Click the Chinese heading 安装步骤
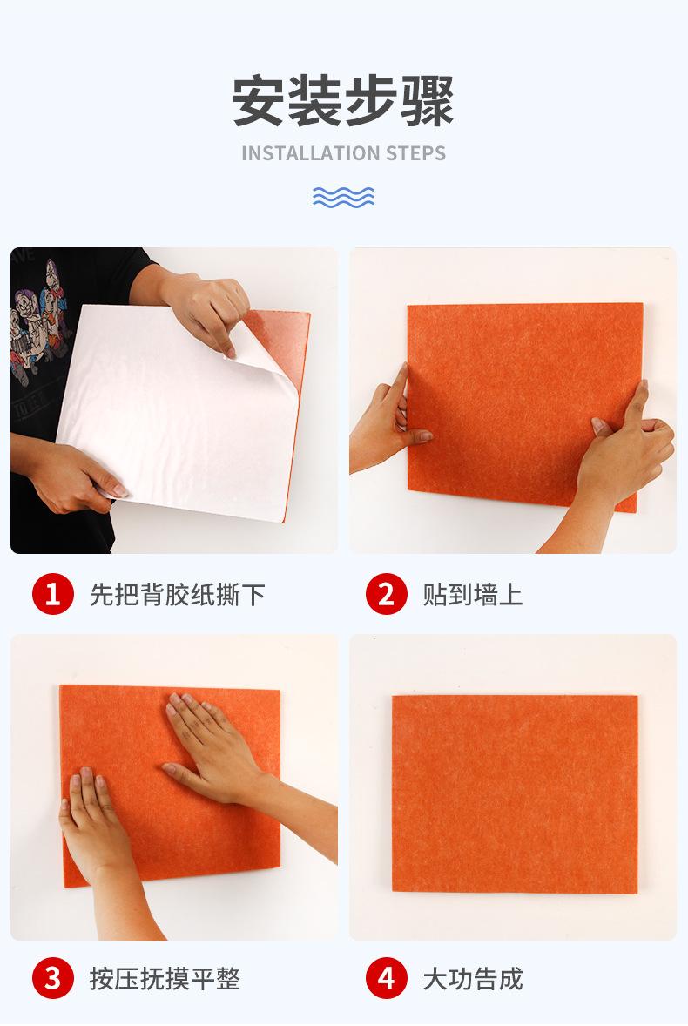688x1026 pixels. pyautogui.click(x=343, y=102)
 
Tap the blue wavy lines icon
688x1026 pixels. pyautogui.click(x=343, y=197)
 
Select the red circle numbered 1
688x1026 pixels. pyautogui.click(x=52, y=595)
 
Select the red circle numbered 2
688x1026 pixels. pyautogui.click(x=386, y=595)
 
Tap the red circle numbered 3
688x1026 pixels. pyautogui.click(x=52, y=978)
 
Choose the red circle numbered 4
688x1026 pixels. pyautogui.click(x=386, y=978)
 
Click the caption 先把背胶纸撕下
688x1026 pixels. pyautogui.click(x=177, y=595)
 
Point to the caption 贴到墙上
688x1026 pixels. pyautogui.click(x=473, y=595)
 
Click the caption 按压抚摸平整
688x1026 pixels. pyautogui.click(x=165, y=978)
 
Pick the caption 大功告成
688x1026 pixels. pyautogui.click(x=473, y=978)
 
